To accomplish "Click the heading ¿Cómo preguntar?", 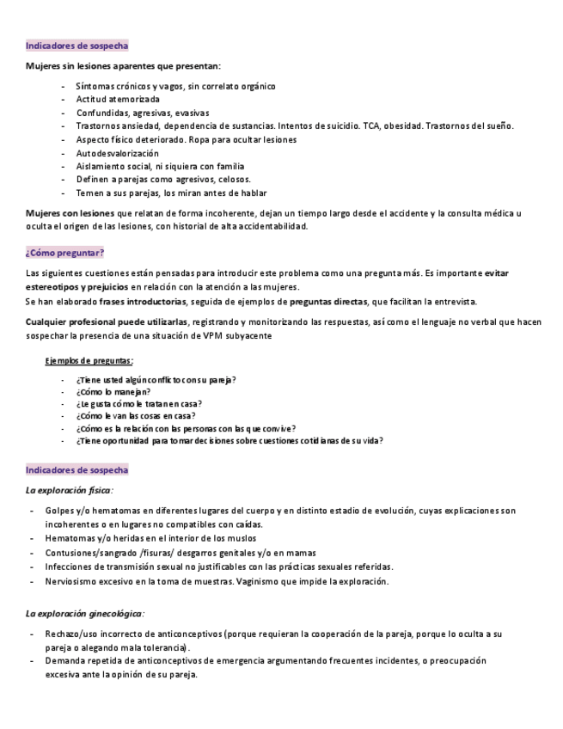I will tap(65, 253).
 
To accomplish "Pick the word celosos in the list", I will tap(234, 180).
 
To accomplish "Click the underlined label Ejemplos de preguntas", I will tap(89, 361).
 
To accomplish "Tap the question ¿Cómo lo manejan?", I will tap(107, 391).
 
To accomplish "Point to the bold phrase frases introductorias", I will tap(143, 302).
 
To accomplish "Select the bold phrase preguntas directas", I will tap(329, 302).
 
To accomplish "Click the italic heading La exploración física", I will tap(69, 490).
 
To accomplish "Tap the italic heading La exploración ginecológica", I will tap(84, 614).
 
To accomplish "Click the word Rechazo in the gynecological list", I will tap(63, 634).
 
